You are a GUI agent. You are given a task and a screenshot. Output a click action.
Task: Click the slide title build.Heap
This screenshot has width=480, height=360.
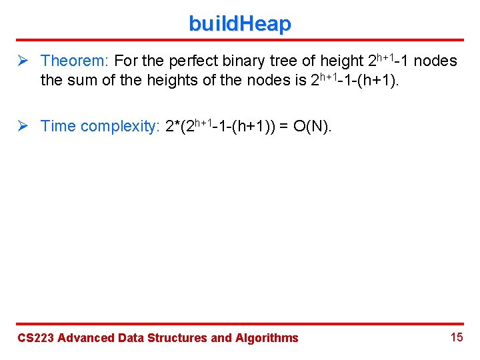point(240,24)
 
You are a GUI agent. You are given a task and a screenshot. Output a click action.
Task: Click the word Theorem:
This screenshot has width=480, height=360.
point(75,61)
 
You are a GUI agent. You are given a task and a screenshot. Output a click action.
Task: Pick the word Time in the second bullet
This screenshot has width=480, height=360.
point(57,127)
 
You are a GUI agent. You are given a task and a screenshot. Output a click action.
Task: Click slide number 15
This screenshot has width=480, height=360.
point(457,337)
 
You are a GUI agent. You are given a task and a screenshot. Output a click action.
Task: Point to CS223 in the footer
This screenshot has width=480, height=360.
point(35,338)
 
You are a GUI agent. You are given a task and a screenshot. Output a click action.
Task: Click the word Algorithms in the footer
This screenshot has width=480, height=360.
point(267,338)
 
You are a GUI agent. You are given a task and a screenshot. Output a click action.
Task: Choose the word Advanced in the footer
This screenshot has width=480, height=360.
point(86,338)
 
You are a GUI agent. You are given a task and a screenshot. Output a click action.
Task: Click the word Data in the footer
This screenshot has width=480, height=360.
point(130,338)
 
